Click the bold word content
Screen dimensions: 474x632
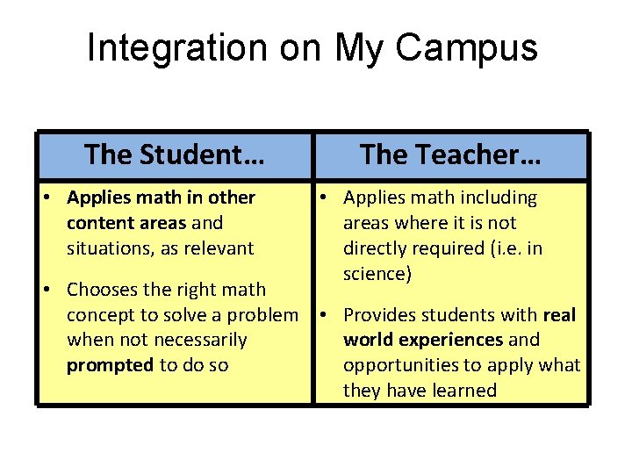[97, 223]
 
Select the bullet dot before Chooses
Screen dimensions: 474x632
[52, 289]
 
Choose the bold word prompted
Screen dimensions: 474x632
[110, 365]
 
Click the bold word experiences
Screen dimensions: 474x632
[448, 340]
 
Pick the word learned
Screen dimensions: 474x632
[463, 391]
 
